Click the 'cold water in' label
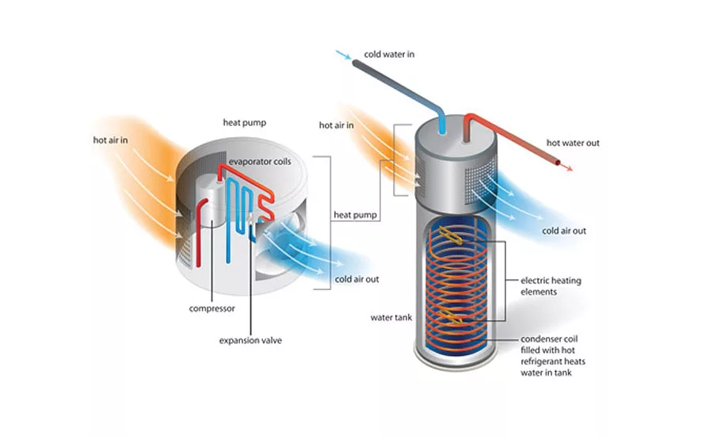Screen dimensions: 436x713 click(389, 55)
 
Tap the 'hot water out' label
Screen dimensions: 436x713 click(573, 143)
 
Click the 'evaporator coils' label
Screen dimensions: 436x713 click(260, 162)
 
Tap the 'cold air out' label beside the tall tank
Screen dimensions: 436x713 click(563, 231)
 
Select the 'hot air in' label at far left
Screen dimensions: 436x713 click(111, 140)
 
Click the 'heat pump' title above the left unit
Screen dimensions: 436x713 click(244, 123)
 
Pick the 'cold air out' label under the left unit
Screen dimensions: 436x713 click(357, 279)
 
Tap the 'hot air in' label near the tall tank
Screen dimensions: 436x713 click(336, 124)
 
